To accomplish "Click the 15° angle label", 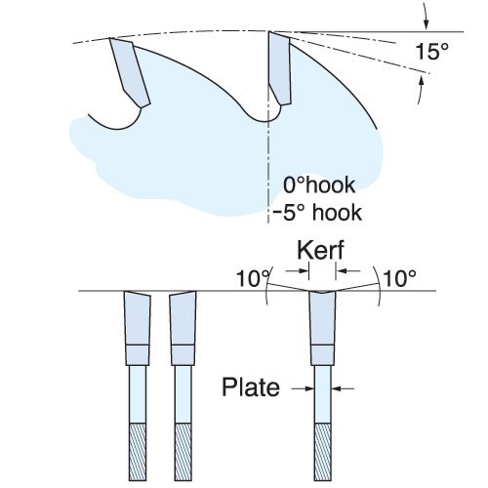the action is click(x=431, y=51).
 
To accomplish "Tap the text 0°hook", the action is click(x=319, y=184).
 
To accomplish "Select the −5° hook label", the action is click(x=317, y=213).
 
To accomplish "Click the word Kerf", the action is click(x=320, y=250).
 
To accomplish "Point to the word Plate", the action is click(x=251, y=386).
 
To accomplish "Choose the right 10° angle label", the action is click(x=400, y=278).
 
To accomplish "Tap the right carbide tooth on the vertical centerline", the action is click(x=279, y=68).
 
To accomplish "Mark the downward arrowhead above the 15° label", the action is click(x=427, y=25).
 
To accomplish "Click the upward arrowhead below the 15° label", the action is click(x=422, y=80).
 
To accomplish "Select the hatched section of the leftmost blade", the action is click(x=138, y=452).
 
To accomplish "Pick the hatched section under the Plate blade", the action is click(x=323, y=452).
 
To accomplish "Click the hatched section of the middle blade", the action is click(x=183, y=452).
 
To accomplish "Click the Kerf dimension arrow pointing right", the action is click(x=297, y=270).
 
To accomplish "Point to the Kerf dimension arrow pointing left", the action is click(x=348, y=270).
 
